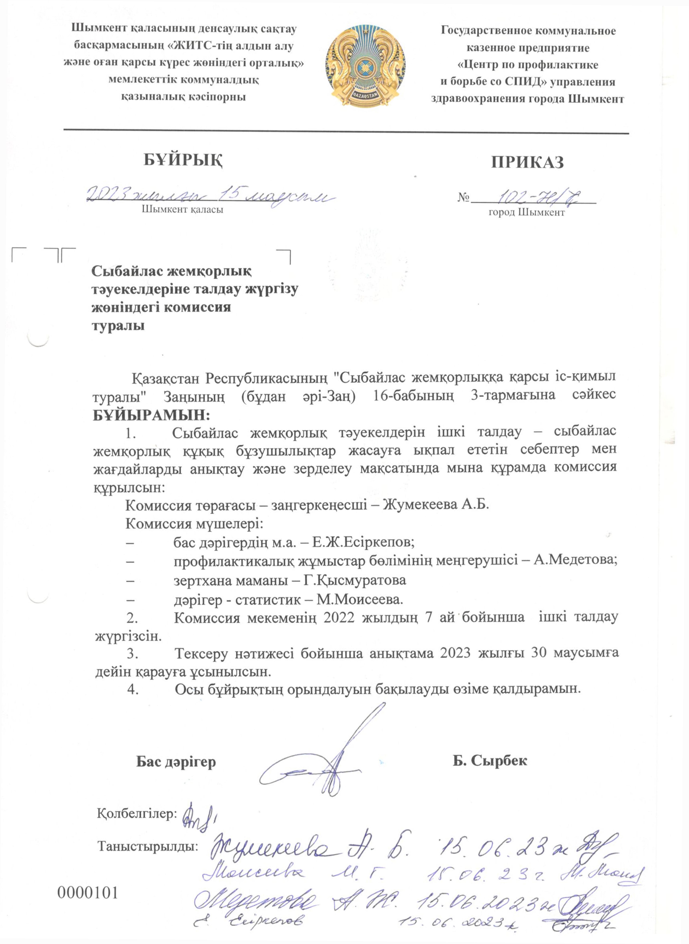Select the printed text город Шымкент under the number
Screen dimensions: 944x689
click(x=526, y=212)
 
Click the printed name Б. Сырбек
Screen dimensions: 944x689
click(x=490, y=760)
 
